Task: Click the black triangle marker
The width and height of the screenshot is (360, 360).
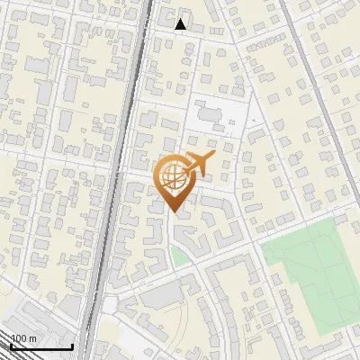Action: (181, 24)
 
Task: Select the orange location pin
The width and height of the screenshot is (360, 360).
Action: (173, 184)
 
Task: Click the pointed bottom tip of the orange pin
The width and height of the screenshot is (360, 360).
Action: (173, 212)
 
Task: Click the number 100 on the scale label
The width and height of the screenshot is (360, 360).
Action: (19, 338)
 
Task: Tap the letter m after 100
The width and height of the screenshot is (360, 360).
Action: (31, 338)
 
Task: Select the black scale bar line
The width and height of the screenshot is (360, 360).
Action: (40, 346)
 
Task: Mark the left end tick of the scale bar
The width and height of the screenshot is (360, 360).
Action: (10, 345)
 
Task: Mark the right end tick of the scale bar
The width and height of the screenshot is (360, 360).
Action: (72, 345)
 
